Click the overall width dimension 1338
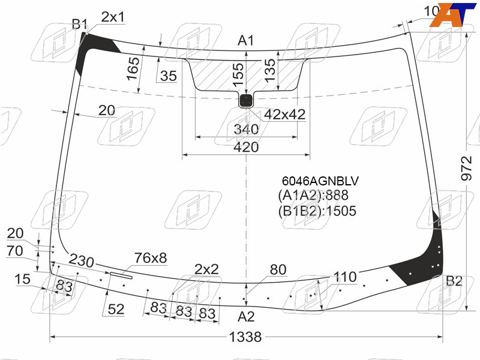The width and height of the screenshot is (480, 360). [x=245, y=337]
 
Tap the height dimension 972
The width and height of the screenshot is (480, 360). [x=467, y=168]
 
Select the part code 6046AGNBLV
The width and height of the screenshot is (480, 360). [x=320, y=181]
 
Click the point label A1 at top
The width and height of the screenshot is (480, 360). [x=246, y=40]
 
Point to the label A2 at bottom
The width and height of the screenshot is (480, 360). [x=246, y=317]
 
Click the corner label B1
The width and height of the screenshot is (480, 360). [x=80, y=24]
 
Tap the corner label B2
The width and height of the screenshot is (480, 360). [x=454, y=281]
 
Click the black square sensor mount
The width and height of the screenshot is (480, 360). [x=246, y=100]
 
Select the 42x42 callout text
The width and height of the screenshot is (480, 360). [x=284, y=115]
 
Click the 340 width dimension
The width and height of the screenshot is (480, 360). [x=246, y=129]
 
